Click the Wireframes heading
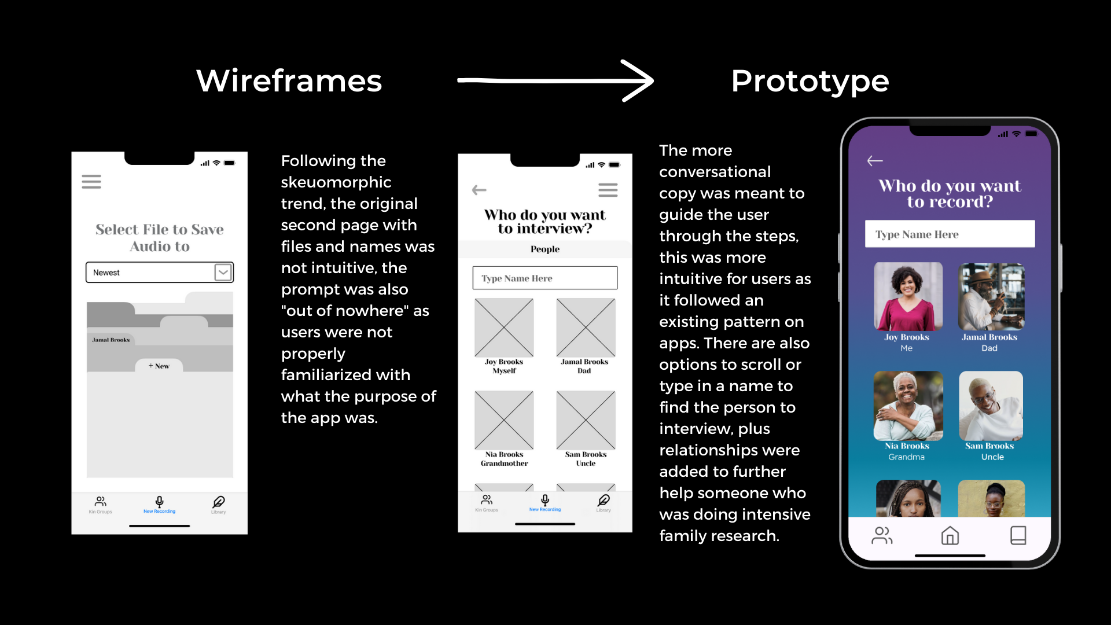tap(289, 80)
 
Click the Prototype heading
tap(810, 80)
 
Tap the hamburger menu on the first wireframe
tap(91, 182)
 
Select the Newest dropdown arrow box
tap(223, 273)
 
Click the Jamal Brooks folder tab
tap(111, 340)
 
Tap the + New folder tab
tap(159, 366)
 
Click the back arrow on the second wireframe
tap(479, 190)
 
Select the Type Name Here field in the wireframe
tap(545, 278)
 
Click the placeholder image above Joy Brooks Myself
tap(504, 328)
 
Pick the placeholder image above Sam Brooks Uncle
tap(586, 420)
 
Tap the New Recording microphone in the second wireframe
tap(545, 501)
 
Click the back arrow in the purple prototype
tap(875, 161)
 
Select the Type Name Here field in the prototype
tap(950, 234)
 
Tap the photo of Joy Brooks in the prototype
tap(908, 296)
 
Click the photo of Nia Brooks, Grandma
tap(908, 405)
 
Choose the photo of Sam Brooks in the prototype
tap(991, 405)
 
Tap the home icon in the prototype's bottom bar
tap(950, 535)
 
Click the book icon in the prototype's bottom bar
tap(1018, 535)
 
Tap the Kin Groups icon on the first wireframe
tap(101, 502)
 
